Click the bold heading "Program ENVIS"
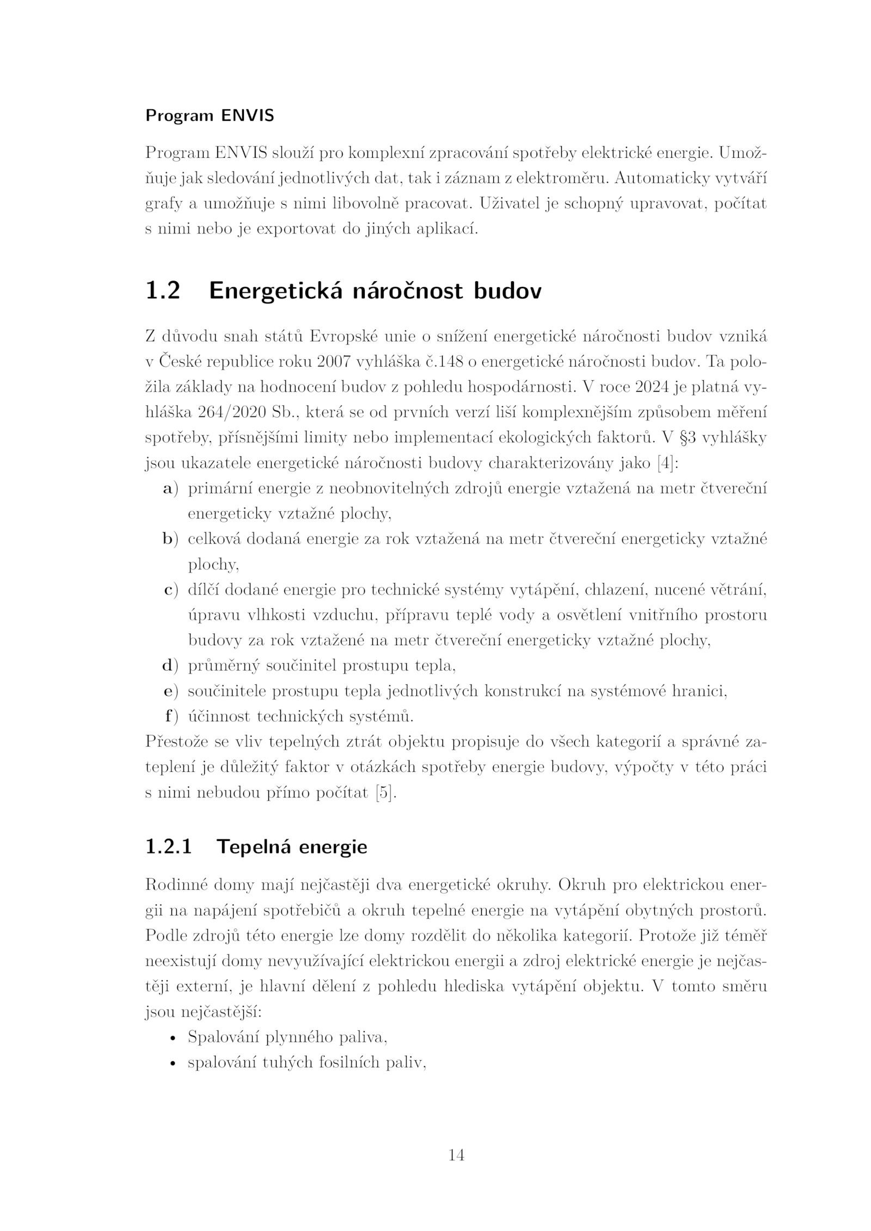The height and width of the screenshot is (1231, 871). click(209, 116)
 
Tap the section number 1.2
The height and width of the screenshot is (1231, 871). click(163, 291)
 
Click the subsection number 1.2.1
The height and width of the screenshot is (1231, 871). click(169, 846)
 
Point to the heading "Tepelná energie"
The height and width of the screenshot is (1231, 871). click(292, 846)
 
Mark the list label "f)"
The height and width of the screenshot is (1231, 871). click(171, 716)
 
